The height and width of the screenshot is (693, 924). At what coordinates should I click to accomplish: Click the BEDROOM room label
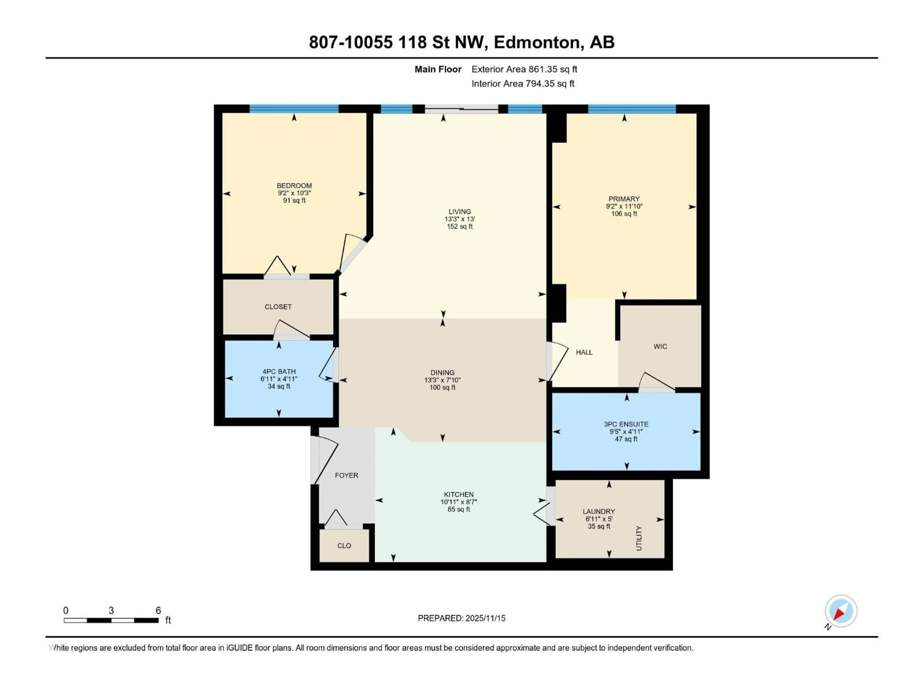(294, 186)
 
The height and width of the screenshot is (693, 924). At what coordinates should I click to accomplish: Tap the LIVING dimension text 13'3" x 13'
(460, 219)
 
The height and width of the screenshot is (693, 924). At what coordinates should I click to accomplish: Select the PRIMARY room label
(624, 199)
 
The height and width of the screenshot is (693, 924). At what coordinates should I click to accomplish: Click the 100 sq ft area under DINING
(442, 387)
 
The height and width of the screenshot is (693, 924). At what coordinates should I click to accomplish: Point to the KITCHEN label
(459, 494)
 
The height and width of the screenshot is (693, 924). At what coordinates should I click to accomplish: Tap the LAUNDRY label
(599, 511)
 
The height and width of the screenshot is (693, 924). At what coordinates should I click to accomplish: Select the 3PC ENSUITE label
(626, 424)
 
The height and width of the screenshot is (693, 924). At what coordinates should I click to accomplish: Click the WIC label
(660, 346)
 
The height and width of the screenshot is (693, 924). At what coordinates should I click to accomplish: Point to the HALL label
(584, 352)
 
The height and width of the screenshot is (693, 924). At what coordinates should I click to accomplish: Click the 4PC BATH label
(279, 371)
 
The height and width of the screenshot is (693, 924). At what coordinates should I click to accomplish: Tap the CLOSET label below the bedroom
(278, 307)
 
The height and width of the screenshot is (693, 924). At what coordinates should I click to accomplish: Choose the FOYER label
(346, 475)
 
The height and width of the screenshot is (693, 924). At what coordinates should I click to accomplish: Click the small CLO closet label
(344, 545)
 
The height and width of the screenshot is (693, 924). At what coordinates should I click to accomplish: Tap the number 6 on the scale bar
(158, 610)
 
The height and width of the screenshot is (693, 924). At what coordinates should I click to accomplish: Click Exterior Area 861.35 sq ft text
(524, 69)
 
